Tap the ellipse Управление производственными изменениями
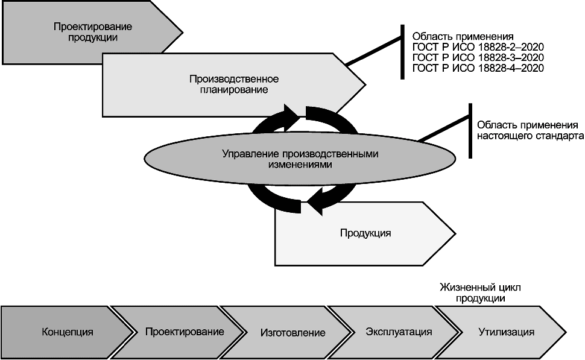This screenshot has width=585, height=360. (300, 159)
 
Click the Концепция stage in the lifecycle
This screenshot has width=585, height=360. (67, 332)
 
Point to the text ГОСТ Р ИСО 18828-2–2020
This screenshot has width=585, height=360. (478, 47)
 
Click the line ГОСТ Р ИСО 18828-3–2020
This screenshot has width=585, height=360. (478, 57)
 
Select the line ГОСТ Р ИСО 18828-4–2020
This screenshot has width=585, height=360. (478, 68)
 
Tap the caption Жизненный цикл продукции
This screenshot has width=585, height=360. (480, 293)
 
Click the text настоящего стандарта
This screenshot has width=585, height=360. (530, 136)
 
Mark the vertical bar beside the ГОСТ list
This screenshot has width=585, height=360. (402, 52)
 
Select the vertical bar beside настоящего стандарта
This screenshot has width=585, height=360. (470, 131)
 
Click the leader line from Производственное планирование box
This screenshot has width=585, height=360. (373, 51)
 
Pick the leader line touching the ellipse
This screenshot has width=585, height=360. (443, 128)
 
